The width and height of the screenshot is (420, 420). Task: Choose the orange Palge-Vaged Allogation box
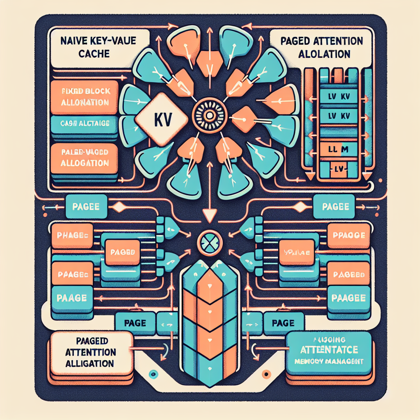click(85, 158)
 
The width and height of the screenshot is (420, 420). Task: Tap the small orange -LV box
click(337, 169)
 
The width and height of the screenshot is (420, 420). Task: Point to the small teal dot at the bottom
click(154, 374)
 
